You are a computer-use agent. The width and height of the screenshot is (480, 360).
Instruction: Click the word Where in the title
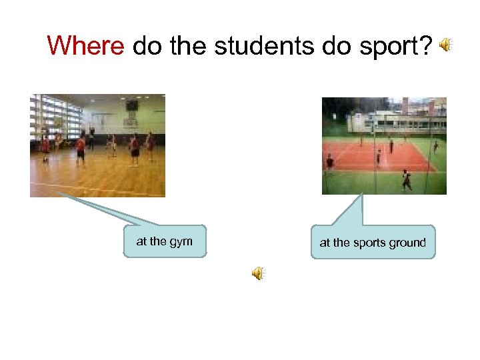coord(85,46)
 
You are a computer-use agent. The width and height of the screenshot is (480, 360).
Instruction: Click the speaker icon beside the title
coord(445,45)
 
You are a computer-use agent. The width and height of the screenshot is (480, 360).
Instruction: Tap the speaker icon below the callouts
coord(257,273)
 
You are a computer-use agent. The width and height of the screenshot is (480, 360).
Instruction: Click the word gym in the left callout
coord(181,242)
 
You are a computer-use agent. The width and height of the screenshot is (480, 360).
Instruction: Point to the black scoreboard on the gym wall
coord(132,106)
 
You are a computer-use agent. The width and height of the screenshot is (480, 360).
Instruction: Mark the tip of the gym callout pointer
coord(56,194)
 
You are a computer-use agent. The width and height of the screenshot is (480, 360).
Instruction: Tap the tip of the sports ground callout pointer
coord(362,195)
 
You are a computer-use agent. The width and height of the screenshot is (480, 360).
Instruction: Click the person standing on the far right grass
coord(435,147)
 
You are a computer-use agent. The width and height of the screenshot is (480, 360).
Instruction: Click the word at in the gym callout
coord(141,242)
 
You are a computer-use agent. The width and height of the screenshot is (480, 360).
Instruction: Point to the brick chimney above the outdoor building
coord(405,105)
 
